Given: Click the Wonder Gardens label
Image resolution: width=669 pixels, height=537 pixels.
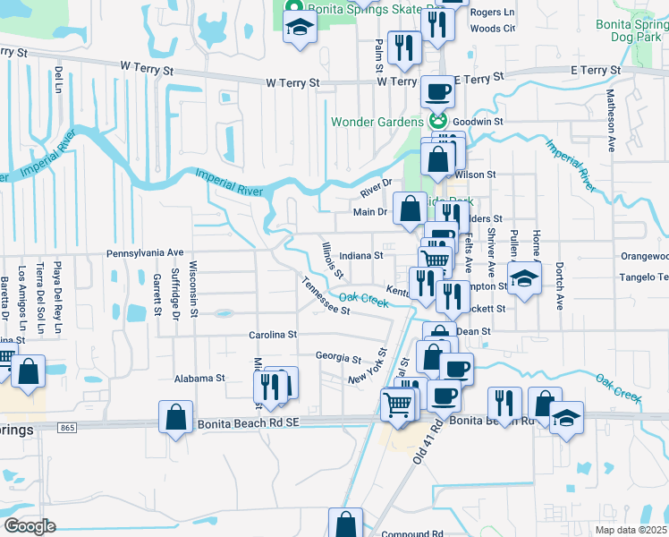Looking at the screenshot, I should coord(377,122).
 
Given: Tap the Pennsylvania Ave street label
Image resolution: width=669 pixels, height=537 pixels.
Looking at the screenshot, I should coord(144,253).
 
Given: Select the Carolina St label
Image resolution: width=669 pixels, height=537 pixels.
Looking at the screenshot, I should coord(272,335).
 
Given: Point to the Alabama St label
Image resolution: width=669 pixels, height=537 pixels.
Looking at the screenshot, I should coord(199,379).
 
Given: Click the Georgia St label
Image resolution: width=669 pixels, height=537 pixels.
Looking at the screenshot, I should coord(337,355).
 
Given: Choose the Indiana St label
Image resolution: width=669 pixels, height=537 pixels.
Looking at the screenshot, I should coord(361,255).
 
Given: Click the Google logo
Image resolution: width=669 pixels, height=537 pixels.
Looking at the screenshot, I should coord(29,526).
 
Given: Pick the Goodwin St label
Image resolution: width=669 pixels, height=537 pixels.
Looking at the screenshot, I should coord(478,121).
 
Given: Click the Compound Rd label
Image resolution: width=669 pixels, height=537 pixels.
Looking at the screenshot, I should coord(412,533).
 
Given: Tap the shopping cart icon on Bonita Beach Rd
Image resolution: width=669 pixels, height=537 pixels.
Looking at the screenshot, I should coord(398,404).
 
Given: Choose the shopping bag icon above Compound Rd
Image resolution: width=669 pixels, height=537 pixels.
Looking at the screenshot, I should coord(345,523).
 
